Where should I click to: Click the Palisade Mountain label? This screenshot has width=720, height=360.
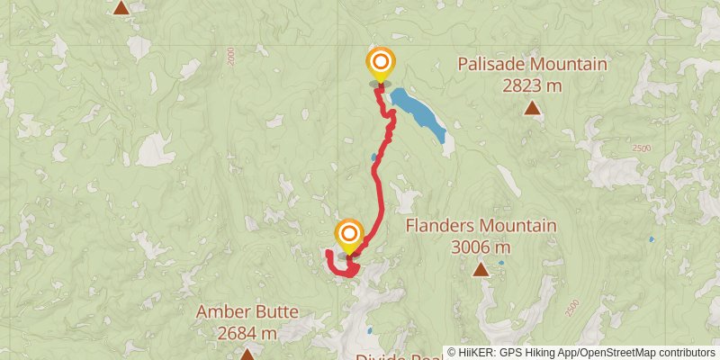click(532, 65)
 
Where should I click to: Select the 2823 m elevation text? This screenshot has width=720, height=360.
click(532, 85)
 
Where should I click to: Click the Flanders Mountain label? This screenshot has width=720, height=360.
click(481, 225)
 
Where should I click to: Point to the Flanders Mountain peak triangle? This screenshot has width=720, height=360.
click(481, 269)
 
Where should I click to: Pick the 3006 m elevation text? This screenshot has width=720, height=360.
click(481, 247)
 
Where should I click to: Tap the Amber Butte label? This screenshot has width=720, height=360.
click(247, 312)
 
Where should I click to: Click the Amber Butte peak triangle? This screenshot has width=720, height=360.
click(247, 355)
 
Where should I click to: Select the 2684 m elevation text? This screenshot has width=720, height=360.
click(247, 334)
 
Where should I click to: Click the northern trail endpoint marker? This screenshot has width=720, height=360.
click(381, 63)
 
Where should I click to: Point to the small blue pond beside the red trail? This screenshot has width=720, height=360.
click(373, 157)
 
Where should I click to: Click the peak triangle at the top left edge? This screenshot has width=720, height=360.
click(121, 8)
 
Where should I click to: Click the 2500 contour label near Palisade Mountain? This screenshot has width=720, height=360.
click(641, 148)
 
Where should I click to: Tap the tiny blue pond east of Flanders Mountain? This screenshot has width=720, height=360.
click(652, 239)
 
